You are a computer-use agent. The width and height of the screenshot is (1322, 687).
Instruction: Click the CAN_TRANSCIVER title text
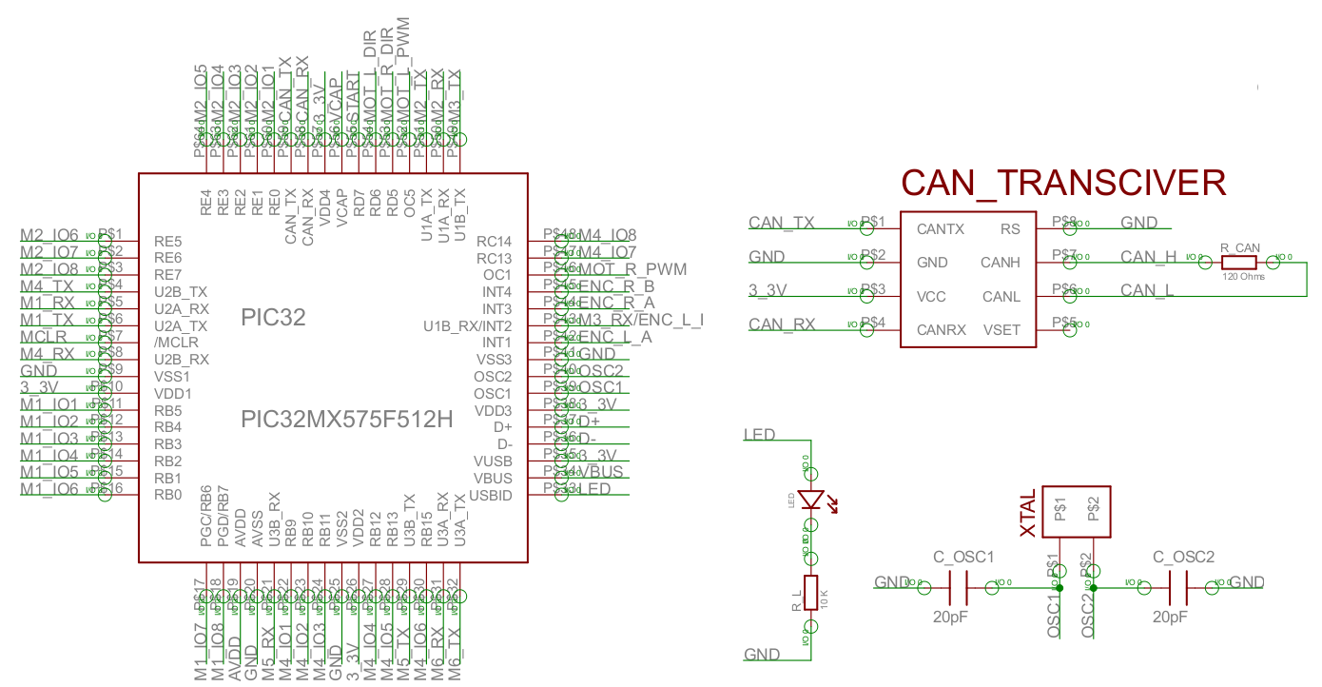pyautogui.click(x=1063, y=183)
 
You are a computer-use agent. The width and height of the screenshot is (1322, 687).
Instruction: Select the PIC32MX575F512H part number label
pyautogui.click(x=346, y=419)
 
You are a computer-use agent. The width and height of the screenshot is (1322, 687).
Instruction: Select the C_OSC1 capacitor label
pyautogui.click(x=963, y=557)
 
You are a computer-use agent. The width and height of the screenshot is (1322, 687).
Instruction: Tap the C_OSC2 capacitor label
pyautogui.click(x=1183, y=557)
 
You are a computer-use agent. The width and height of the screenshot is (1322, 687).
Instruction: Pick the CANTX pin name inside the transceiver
pyautogui.click(x=940, y=229)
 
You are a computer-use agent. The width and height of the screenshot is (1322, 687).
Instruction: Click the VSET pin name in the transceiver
pyautogui.click(x=1001, y=330)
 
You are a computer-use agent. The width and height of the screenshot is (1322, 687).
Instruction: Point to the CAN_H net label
pyautogui.click(x=1148, y=257)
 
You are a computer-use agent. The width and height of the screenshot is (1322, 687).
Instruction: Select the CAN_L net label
pyautogui.click(x=1147, y=290)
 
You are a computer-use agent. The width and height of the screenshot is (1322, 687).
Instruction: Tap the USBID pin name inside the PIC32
pyautogui.click(x=491, y=496)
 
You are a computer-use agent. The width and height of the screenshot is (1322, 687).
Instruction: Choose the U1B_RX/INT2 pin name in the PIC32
pyautogui.click(x=468, y=326)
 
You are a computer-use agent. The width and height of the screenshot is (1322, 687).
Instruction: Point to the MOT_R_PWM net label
pyautogui.click(x=632, y=269)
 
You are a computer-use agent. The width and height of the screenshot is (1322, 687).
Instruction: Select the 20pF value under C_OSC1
pyautogui.click(x=951, y=617)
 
